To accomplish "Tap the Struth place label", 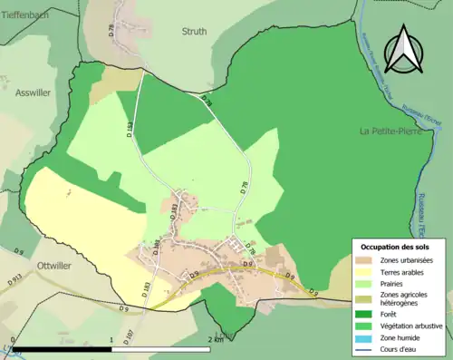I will (x=194, y=31).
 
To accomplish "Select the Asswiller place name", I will (x=34, y=92).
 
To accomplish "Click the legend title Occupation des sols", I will (x=396, y=247).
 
